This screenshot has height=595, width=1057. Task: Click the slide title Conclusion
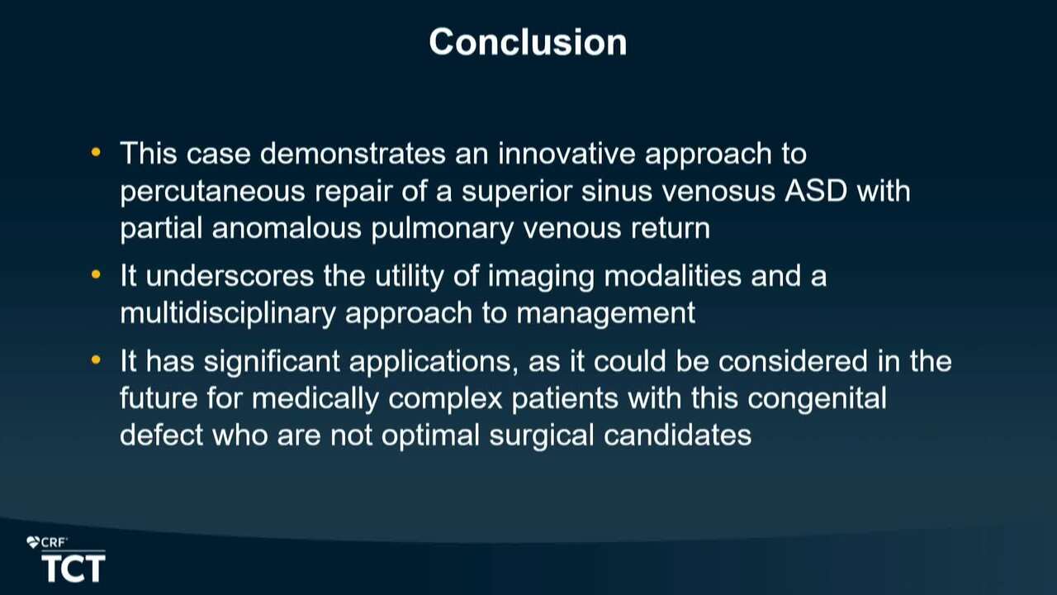coord(528,42)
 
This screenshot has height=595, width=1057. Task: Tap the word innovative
coord(566,154)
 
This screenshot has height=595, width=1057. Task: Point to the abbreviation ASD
coord(816,191)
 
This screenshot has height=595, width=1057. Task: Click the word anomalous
coord(287,228)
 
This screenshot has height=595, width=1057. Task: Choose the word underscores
coord(230,276)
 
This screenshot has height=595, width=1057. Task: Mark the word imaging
coord(541,277)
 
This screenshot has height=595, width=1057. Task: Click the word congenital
coord(817,399)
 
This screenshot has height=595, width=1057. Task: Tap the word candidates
coord(678,435)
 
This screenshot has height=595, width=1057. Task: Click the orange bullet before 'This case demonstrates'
coord(96,152)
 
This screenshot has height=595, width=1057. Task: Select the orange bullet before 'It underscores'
coord(96,274)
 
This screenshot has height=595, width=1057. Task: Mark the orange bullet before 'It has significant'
coord(96,360)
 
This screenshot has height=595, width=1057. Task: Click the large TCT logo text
coord(73,569)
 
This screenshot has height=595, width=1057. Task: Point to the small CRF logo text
coord(54,543)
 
